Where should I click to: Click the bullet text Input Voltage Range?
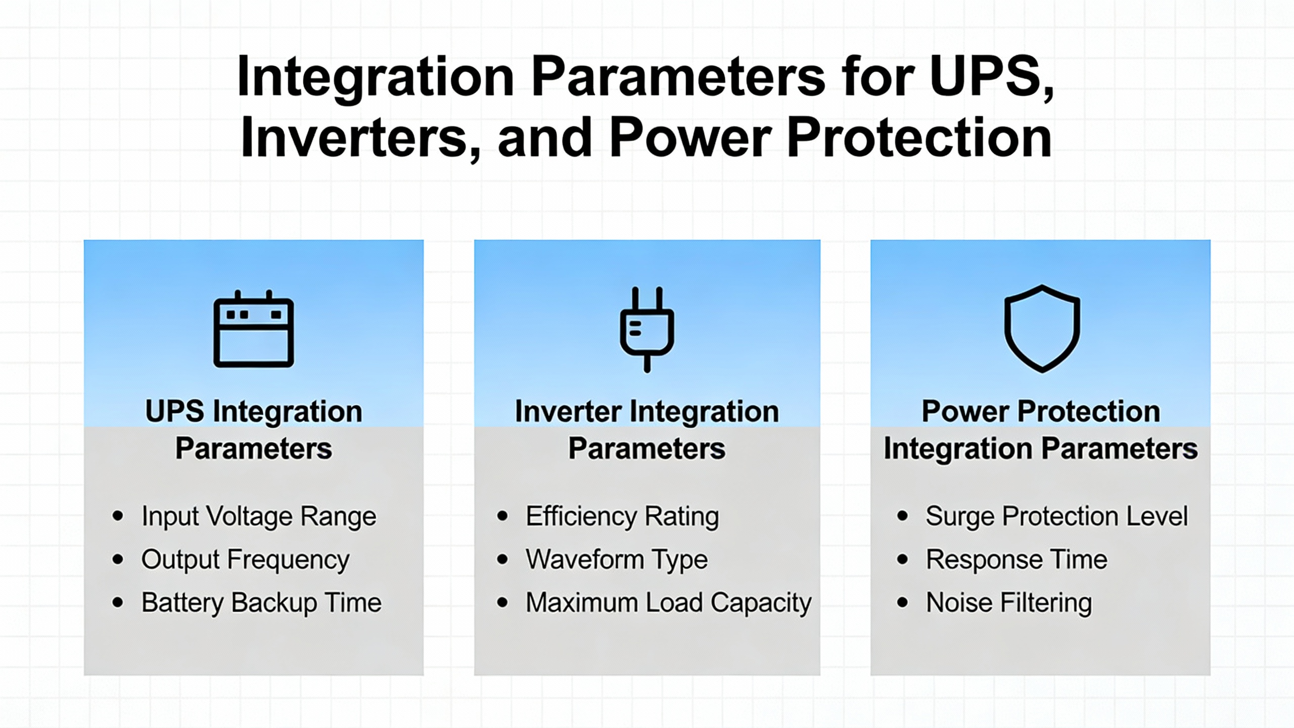[x=259, y=517]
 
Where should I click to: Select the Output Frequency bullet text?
[x=245, y=560]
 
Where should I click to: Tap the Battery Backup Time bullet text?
[x=261, y=603]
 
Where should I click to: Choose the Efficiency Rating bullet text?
[x=622, y=517]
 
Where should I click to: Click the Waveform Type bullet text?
[x=617, y=560]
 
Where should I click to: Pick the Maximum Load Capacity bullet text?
[x=669, y=603]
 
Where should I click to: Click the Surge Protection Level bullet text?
[x=1057, y=517]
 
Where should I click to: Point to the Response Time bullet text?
[x=1016, y=560]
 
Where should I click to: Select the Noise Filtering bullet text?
[x=1009, y=603]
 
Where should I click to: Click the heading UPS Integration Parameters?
[x=254, y=430]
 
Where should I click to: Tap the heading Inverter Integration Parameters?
[x=647, y=430]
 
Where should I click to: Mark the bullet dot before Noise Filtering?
[x=903, y=602]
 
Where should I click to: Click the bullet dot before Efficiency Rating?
[x=502, y=516]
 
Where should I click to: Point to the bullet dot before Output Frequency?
[x=118, y=559]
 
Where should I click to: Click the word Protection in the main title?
[x=919, y=138]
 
